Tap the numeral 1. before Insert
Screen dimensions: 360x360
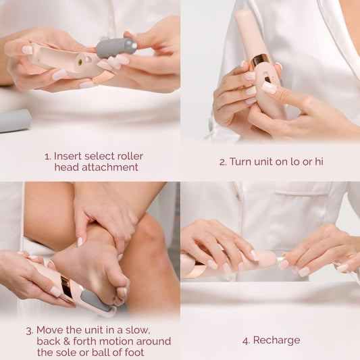coord(48,156)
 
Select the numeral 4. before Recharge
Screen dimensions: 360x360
coord(247,340)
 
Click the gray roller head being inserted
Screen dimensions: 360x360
coord(115,47)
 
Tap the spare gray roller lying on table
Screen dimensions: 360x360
coord(15,120)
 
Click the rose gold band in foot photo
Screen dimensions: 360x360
coord(66,286)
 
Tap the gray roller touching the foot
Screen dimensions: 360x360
coord(97,300)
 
